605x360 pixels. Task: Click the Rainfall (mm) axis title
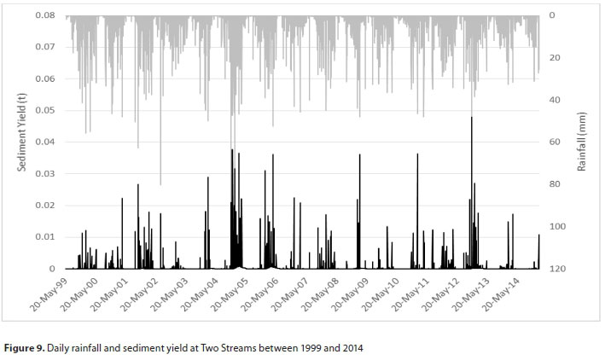(x=581, y=142)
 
